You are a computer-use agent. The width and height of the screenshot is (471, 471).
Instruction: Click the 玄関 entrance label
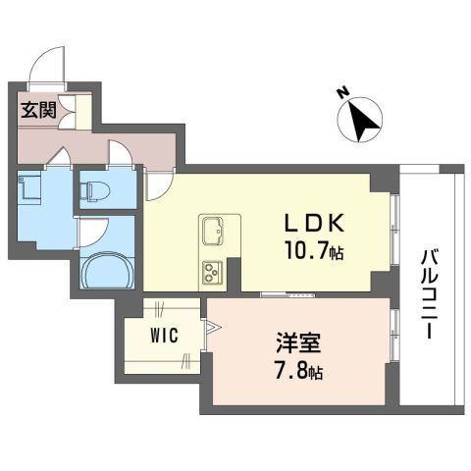[x=39, y=110]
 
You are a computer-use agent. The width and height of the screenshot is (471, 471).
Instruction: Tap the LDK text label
[x=314, y=223]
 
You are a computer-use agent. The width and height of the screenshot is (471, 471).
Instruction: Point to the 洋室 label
[x=298, y=343]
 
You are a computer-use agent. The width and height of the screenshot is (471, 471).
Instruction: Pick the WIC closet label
[x=165, y=336]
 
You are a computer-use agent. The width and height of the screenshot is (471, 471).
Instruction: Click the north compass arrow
[x=362, y=120]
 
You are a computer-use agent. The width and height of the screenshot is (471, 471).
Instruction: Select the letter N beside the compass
[x=342, y=93]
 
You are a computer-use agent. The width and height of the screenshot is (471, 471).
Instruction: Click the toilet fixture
[x=95, y=190]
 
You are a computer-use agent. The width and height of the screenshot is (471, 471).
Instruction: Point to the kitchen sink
[x=213, y=231]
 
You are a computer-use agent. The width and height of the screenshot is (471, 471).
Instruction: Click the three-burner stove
[x=212, y=272]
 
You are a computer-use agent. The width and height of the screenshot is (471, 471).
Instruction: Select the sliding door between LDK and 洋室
[x=288, y=295]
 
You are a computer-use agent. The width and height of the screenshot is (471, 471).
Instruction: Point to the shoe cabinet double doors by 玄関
[x=67, y=112]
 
